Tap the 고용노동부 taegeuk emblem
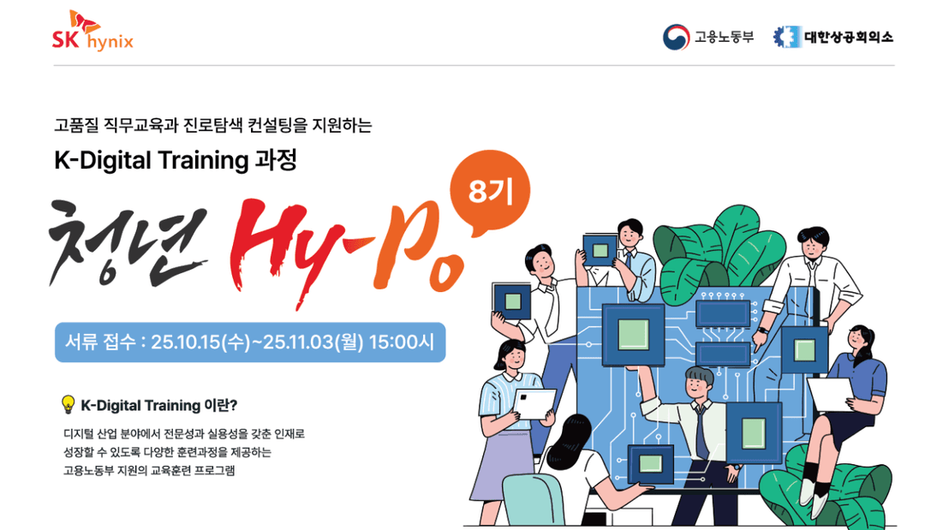676,37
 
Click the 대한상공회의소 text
848,37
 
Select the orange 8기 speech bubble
489,193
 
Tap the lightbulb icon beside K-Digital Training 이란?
69,404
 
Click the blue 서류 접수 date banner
250,342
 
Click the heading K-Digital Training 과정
176,160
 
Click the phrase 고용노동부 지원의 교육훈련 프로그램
149,470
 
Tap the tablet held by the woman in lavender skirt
534,403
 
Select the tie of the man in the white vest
701,432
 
